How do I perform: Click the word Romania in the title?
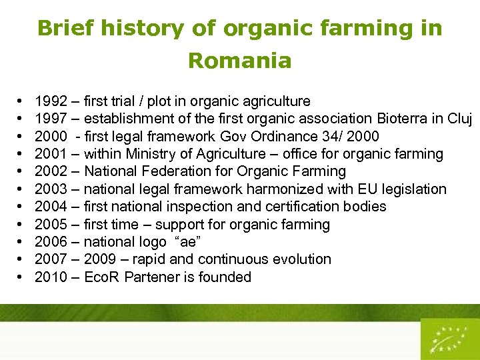(239, 61)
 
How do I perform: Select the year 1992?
(50, 101)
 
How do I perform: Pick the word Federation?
(173, 171)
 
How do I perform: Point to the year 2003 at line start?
(50, 189)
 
